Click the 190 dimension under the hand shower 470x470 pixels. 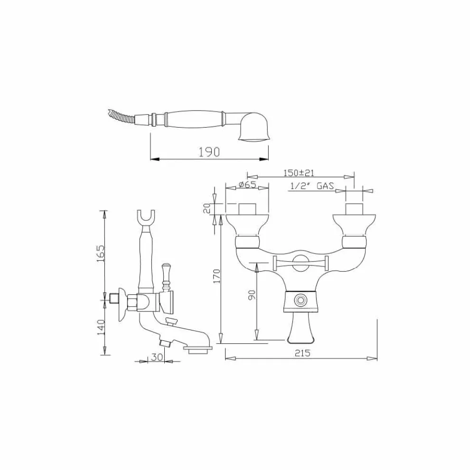[209, 152]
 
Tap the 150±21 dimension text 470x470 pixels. [299, 173]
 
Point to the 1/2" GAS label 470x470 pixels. [312, 186]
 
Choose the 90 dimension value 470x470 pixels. [252, 295]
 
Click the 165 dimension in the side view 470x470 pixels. [101, 254]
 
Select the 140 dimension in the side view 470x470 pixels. [101, 327]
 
